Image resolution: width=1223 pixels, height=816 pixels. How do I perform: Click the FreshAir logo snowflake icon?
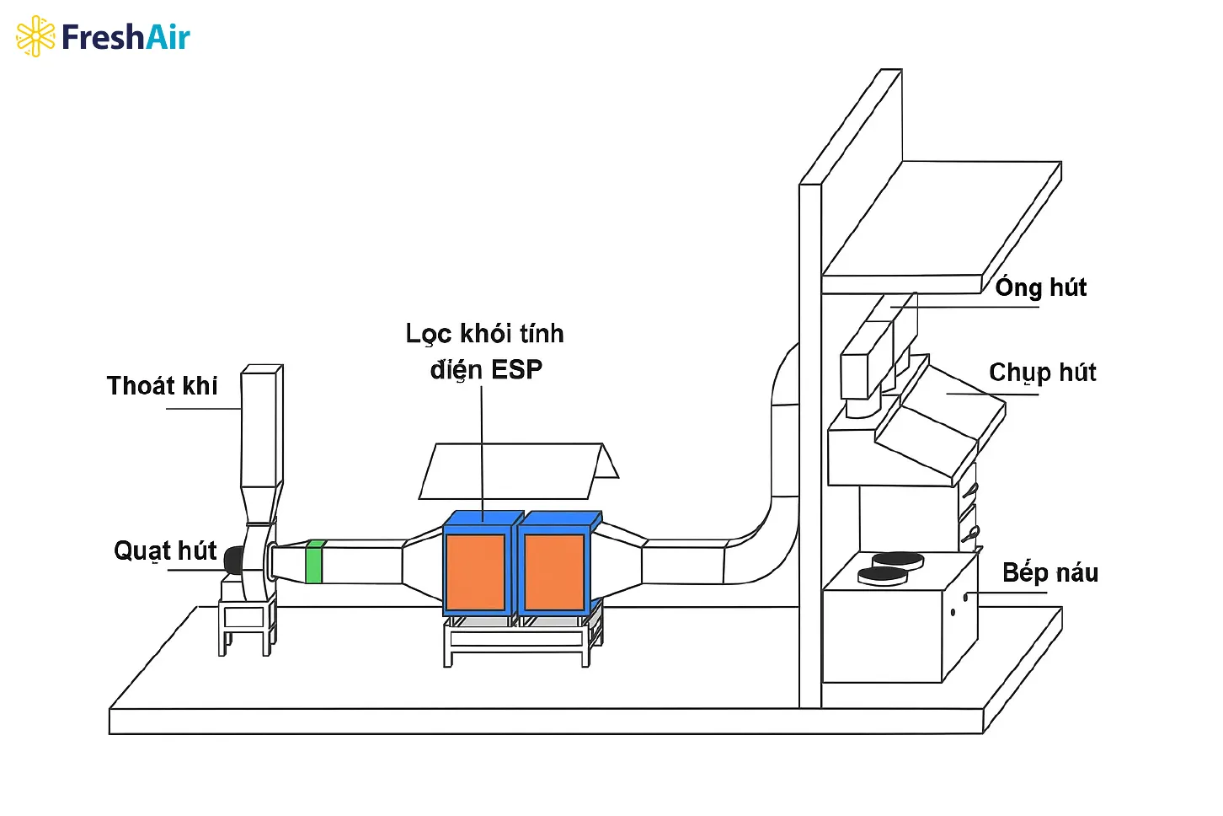click(35, 36)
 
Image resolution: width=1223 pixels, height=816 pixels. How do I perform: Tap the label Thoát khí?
click(162, 386)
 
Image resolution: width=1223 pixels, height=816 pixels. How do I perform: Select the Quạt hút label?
click(165, 551)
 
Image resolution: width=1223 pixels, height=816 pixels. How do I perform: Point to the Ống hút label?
click(1041, 287)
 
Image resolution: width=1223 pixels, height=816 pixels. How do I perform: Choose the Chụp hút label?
click(1042, 373)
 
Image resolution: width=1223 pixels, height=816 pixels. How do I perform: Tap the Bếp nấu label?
click(1049, 573)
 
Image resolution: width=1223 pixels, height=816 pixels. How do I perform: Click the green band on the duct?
click(314, 561)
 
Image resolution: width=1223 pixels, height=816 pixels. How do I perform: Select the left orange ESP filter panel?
click(475, 572)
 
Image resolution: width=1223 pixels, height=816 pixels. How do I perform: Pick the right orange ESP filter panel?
click(554, 572)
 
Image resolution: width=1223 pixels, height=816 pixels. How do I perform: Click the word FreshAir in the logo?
click(126, 37)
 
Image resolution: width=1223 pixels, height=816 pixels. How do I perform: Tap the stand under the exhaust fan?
click(246, 624)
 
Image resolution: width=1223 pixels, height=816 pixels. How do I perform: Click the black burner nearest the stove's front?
click(882, 576)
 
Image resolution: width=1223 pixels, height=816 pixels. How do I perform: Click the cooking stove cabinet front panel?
click(882, 636)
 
